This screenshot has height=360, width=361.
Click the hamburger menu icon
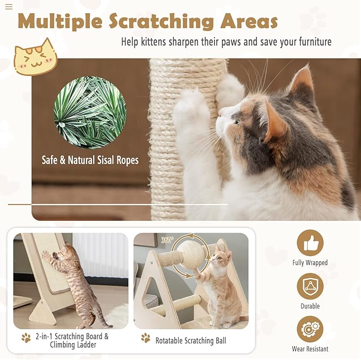[x=9, y=7]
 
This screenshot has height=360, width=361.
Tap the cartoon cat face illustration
[x=35, y=57]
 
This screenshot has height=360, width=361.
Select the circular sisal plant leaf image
[x=90, y=113]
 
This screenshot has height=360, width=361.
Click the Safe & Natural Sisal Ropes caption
[x=90, y=160]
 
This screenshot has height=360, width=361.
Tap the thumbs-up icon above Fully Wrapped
[x=310, y=243]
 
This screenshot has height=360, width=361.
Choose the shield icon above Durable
[x=310, y=286]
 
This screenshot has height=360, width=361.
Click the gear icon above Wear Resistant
[x=310, y=329]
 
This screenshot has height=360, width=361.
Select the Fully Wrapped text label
[x=310, y=263]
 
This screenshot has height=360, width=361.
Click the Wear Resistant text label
[x=310, y=349]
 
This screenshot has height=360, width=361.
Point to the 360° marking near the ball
[x=167, y=240]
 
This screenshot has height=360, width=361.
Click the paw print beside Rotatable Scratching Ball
[x=146, y=338]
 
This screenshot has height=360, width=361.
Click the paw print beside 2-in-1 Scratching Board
[x=26, y=338]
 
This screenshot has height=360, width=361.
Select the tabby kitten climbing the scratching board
[x=77, y=281]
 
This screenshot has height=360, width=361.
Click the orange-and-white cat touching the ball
[x=218, y=287]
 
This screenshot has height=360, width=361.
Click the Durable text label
[x=310, y=306]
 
